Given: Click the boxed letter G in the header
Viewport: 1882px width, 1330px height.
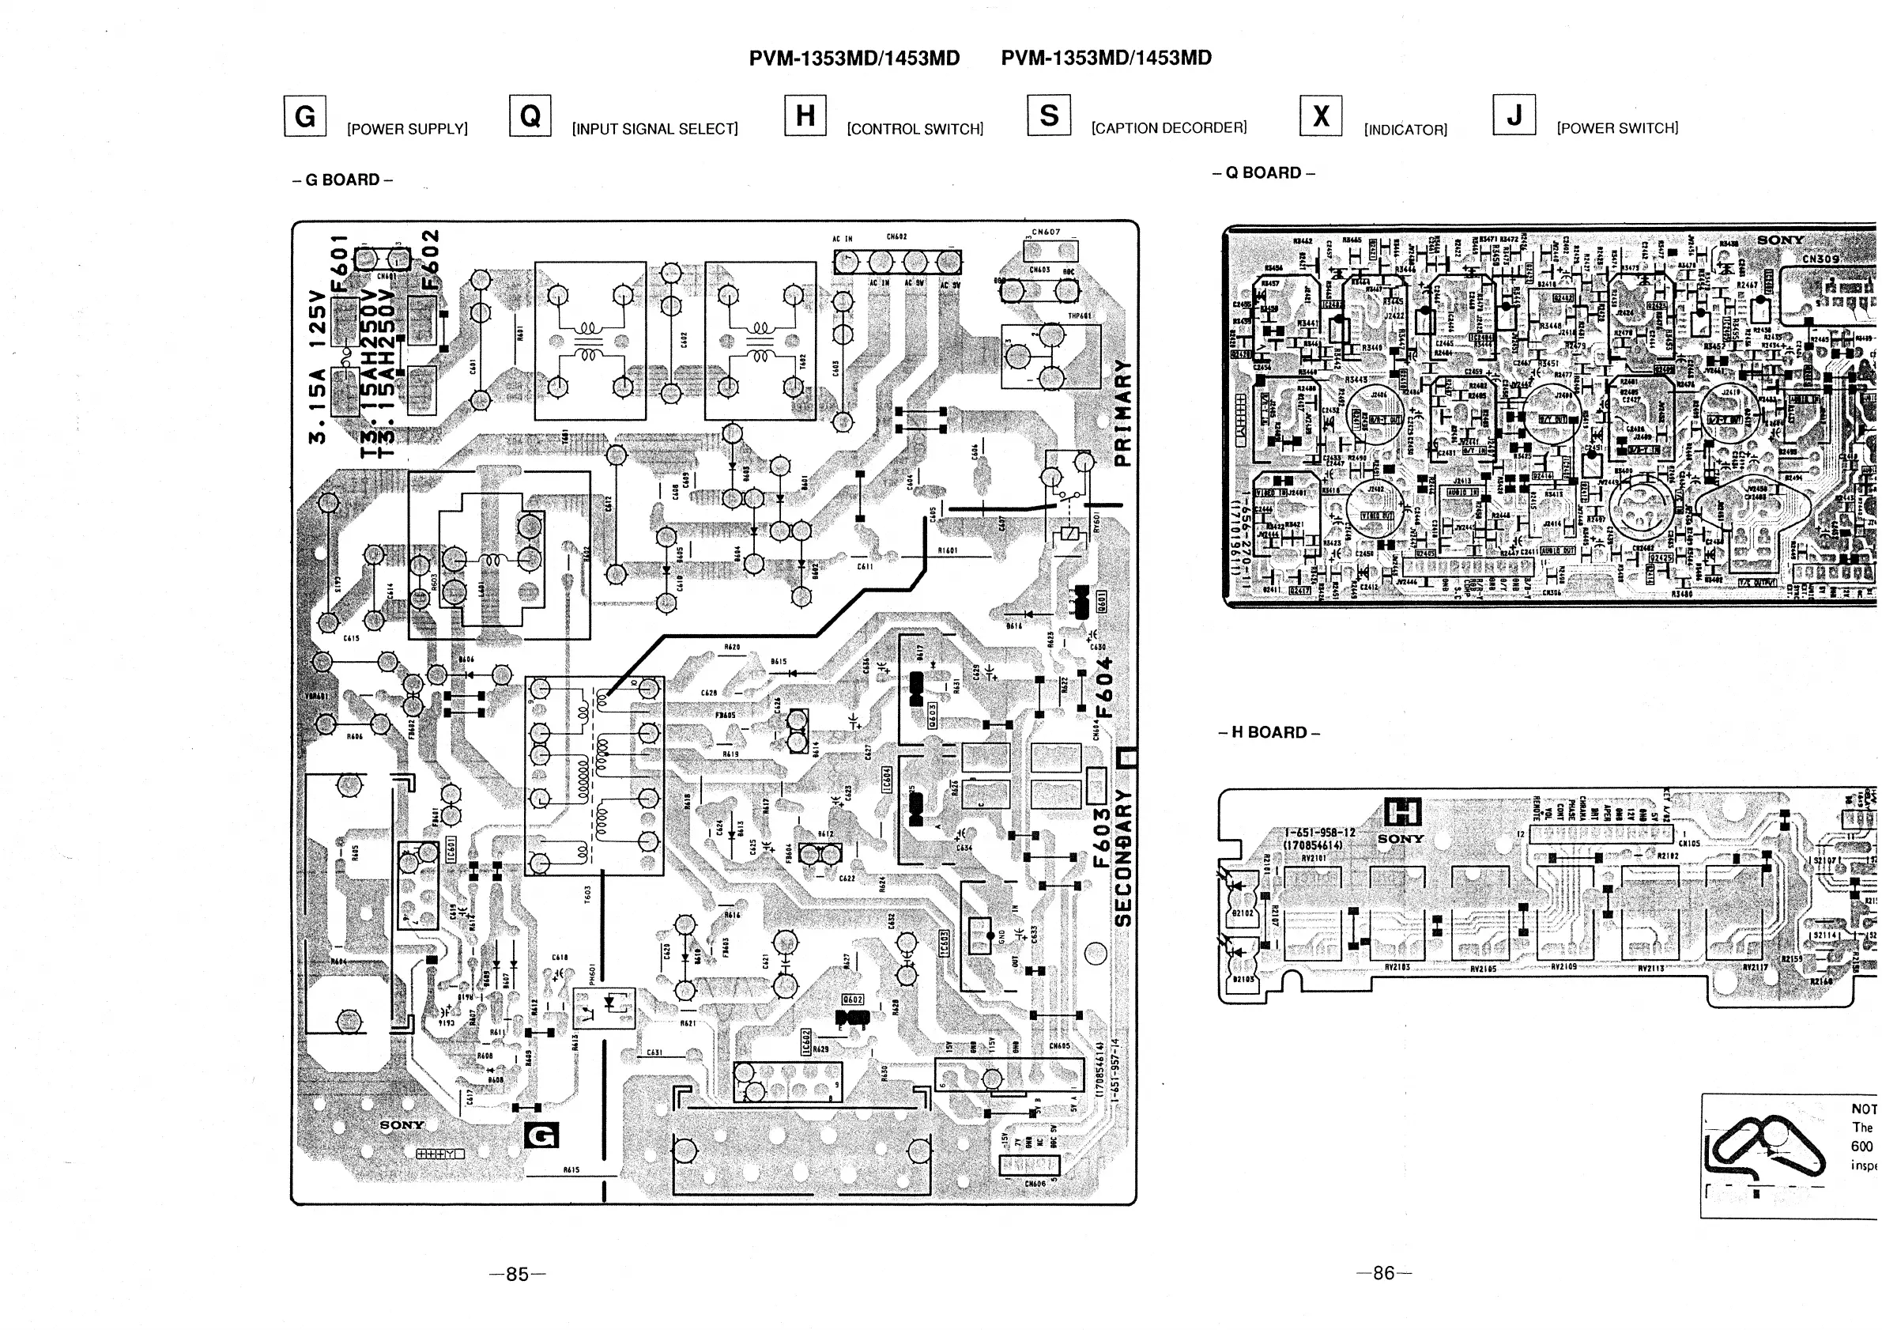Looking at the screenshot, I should coord(305,116).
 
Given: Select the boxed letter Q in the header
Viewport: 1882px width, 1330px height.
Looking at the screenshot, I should coord(530,116).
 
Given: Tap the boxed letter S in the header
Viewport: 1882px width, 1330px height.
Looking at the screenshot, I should coord(1048,115).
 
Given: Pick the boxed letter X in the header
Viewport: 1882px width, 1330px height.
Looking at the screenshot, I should coord(1321,116).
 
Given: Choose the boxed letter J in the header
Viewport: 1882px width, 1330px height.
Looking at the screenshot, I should coord(1514,115).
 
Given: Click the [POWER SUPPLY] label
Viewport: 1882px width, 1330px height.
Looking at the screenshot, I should coord(407,130).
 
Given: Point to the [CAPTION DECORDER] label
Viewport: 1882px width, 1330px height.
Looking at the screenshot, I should coord(1169,128).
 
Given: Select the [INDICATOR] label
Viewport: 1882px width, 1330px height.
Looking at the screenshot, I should coord(1405,130).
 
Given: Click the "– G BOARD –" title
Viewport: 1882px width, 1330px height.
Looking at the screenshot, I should coord(341,179).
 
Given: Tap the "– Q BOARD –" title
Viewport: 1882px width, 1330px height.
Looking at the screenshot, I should coord(1263,173).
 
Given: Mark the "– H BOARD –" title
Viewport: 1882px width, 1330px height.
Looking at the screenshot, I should coord(1269,732).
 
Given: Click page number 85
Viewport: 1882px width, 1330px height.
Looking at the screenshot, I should coord(517,1273).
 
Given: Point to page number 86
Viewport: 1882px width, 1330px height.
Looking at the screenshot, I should coord(1383,1272).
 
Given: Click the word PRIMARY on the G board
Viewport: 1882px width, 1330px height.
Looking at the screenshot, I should coord(1123,413).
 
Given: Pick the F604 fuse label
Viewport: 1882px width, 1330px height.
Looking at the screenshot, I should coord(1105,687).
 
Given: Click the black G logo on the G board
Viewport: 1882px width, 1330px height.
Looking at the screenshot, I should coord(541,1135).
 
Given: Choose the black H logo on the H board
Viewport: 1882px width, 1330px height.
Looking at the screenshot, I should coord(1401,813).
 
